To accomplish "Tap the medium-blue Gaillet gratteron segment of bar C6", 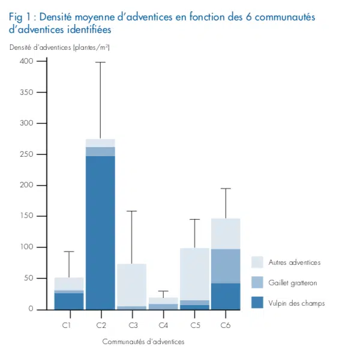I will point(226,266).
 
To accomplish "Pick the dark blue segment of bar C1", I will point(68,301).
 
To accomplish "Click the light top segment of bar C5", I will point(194,274).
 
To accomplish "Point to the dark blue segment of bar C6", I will point(226,296).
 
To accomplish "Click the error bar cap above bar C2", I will point(100,62).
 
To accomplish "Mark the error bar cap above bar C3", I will point(131,211).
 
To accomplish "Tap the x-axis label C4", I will point(163,325).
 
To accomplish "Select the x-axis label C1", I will point(68,325).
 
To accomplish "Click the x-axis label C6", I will point(226,325).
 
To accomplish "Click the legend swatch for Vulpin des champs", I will point(258,302).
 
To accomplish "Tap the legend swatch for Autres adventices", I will point(258,262).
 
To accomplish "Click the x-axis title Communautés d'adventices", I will point(143,341).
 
